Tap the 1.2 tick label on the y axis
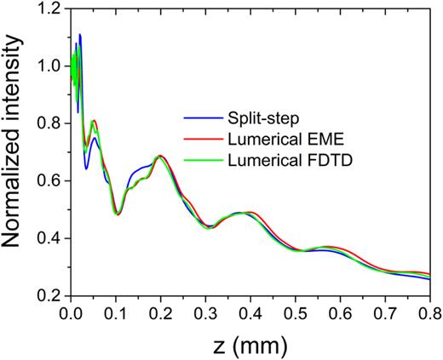coord(50,9)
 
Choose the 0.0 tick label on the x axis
coord(71,311)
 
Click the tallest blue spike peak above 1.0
coord(80,35)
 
